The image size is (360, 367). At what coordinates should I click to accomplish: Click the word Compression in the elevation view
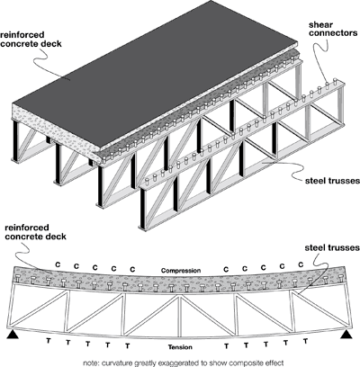[180, 270]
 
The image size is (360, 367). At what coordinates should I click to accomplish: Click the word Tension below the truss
[180, 346]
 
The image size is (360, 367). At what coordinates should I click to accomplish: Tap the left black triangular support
[13, 333]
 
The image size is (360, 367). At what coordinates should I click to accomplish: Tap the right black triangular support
[346, 333]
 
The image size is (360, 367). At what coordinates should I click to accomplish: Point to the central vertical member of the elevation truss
[181, 306]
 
